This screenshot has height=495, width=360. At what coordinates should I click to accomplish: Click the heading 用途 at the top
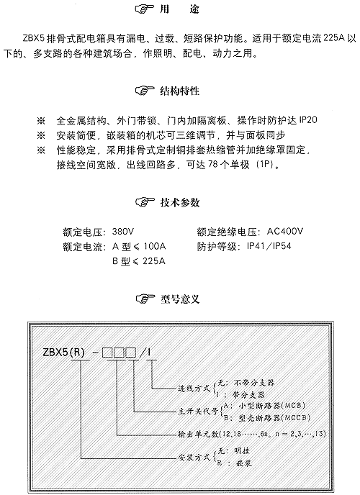(x=179, y=9)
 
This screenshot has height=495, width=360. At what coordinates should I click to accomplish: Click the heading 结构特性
(x=180, y=91)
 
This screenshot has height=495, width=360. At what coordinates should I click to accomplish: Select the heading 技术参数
(x=180, y=202)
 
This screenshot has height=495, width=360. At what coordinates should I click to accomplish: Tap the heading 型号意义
(x=180, y=299)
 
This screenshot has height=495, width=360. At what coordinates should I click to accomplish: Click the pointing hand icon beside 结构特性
(x=145, y=91)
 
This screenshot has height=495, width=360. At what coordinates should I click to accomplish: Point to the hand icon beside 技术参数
(x=145, y=202)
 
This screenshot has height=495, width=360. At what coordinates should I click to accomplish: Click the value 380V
(x=123, y=232)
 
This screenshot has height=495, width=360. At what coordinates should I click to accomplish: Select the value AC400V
(x=285, y=232)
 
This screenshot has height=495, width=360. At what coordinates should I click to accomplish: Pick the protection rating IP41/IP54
(x=269, y=246)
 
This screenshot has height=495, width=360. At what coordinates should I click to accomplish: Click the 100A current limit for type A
(x=154, y=246)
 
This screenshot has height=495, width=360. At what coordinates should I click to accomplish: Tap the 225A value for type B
(x=154, y=261)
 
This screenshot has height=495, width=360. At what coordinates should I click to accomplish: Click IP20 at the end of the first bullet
(x=308, y=120)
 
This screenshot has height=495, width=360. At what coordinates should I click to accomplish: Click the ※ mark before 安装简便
(x=41, y=135)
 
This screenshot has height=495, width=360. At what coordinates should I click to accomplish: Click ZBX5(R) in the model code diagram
(x=64, y=352)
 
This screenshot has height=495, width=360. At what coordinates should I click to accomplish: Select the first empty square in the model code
(x=107, y=353)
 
